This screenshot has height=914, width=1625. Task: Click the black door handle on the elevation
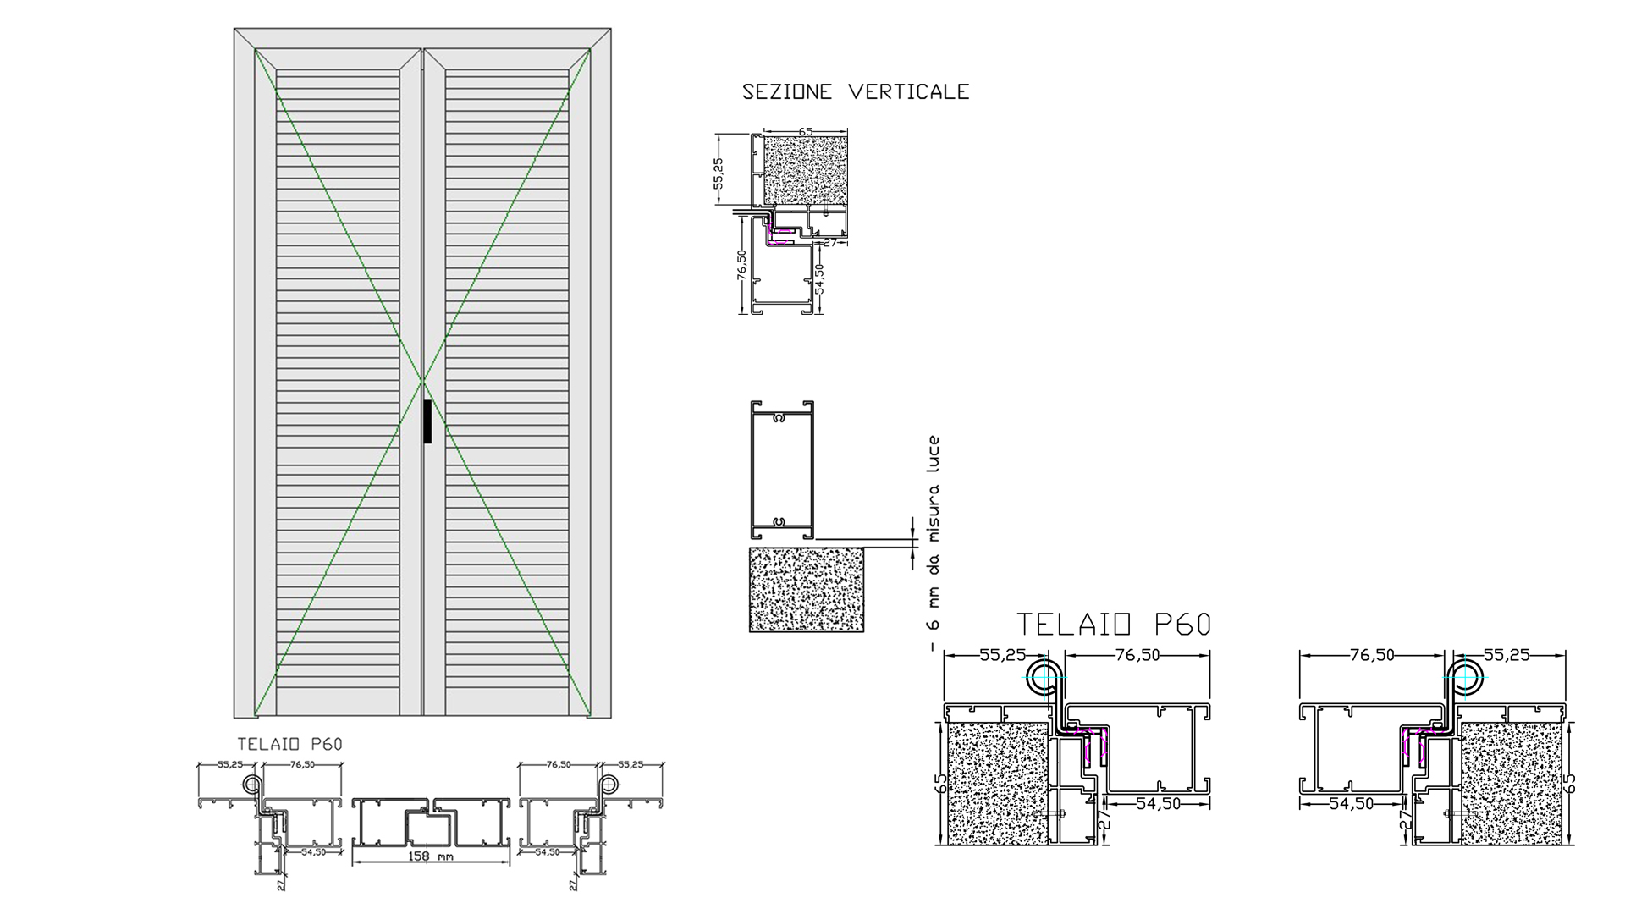pos(427,421)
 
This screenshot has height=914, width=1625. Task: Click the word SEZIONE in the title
pos(787,91)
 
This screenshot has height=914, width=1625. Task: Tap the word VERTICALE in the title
pos(909,91)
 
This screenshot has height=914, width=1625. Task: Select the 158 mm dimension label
pos(430,856)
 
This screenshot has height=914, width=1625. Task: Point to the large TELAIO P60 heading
pos(1114,625)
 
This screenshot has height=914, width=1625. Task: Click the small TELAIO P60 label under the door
pos(289,744)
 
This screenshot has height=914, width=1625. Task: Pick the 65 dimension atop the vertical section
pos(806,131)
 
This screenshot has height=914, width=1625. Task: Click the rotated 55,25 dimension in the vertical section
pos(719,173)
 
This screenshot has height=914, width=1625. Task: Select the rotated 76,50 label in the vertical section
pos(741,265)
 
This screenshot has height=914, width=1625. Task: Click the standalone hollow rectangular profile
pos(782,471)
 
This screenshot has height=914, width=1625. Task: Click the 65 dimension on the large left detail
pos(941,783)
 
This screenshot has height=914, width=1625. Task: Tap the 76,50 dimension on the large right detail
pos(1372,655)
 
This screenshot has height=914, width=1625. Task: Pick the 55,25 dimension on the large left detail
pos(1003,655)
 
